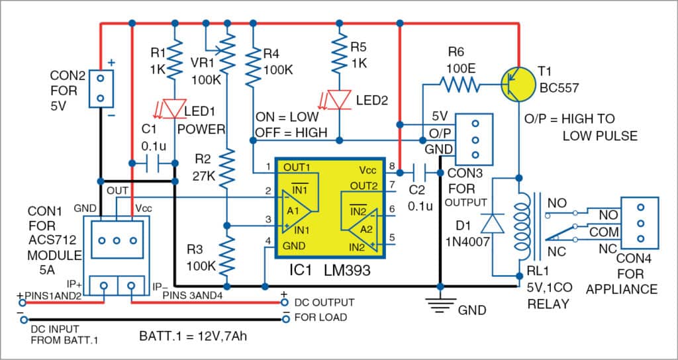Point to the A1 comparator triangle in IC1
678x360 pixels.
tap(295, 210)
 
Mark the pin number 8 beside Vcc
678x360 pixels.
tap(392, 165)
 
